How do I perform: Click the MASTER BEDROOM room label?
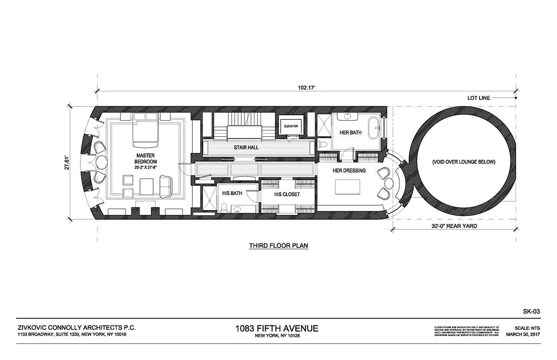(x=146, y=158)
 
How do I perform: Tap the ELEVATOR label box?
(x=291, y=126)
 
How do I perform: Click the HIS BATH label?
(x=232, y=193)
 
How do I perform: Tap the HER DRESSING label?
(x=349, y=171)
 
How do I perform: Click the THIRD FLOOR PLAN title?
(x=278, y=246)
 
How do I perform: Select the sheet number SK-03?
(x=531, y=311)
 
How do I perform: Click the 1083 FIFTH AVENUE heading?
(x=276, y=328)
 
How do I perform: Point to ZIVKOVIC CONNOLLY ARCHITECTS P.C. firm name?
(x=77, y=328)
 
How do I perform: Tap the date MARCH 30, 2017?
(x=522, y=334)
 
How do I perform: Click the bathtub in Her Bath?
(x=374, y=128)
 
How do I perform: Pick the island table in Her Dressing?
(x=347, y=186)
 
